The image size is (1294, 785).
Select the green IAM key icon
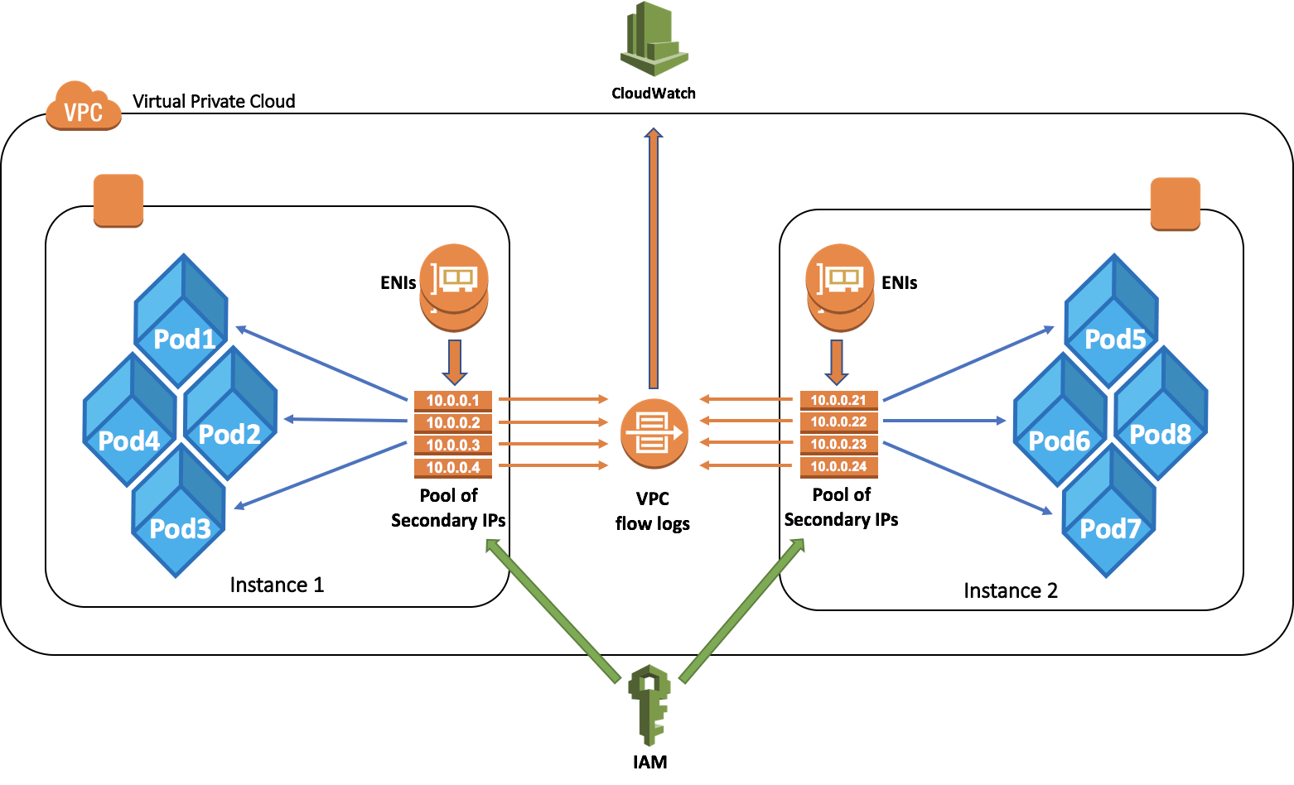tap(649, 704)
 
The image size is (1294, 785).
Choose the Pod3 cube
tap(179, 513)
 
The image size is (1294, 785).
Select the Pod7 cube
tap(1109, 513)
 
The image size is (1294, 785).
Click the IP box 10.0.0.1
tap(453, 400)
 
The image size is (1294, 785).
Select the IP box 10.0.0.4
tap(453, 467)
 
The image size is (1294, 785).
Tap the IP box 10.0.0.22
tap(838, 421)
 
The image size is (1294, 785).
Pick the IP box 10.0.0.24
tap(838, 466)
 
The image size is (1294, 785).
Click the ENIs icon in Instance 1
tap(454, 286)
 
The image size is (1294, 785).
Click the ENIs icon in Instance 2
tap(840, 286)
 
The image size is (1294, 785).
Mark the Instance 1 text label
tap(277, 585)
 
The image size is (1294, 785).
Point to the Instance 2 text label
tap(1011, 590)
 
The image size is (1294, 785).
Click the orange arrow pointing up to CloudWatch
tap(654, 257)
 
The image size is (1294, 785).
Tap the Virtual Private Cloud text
tap(214, 102)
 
